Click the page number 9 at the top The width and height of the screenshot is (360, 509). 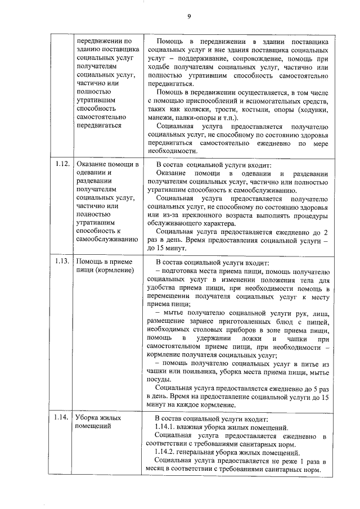coord(190,16)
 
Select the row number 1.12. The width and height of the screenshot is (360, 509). coord(62,164)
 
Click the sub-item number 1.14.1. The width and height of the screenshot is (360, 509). coord(166,427)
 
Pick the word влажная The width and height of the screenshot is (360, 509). coord(196,427)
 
